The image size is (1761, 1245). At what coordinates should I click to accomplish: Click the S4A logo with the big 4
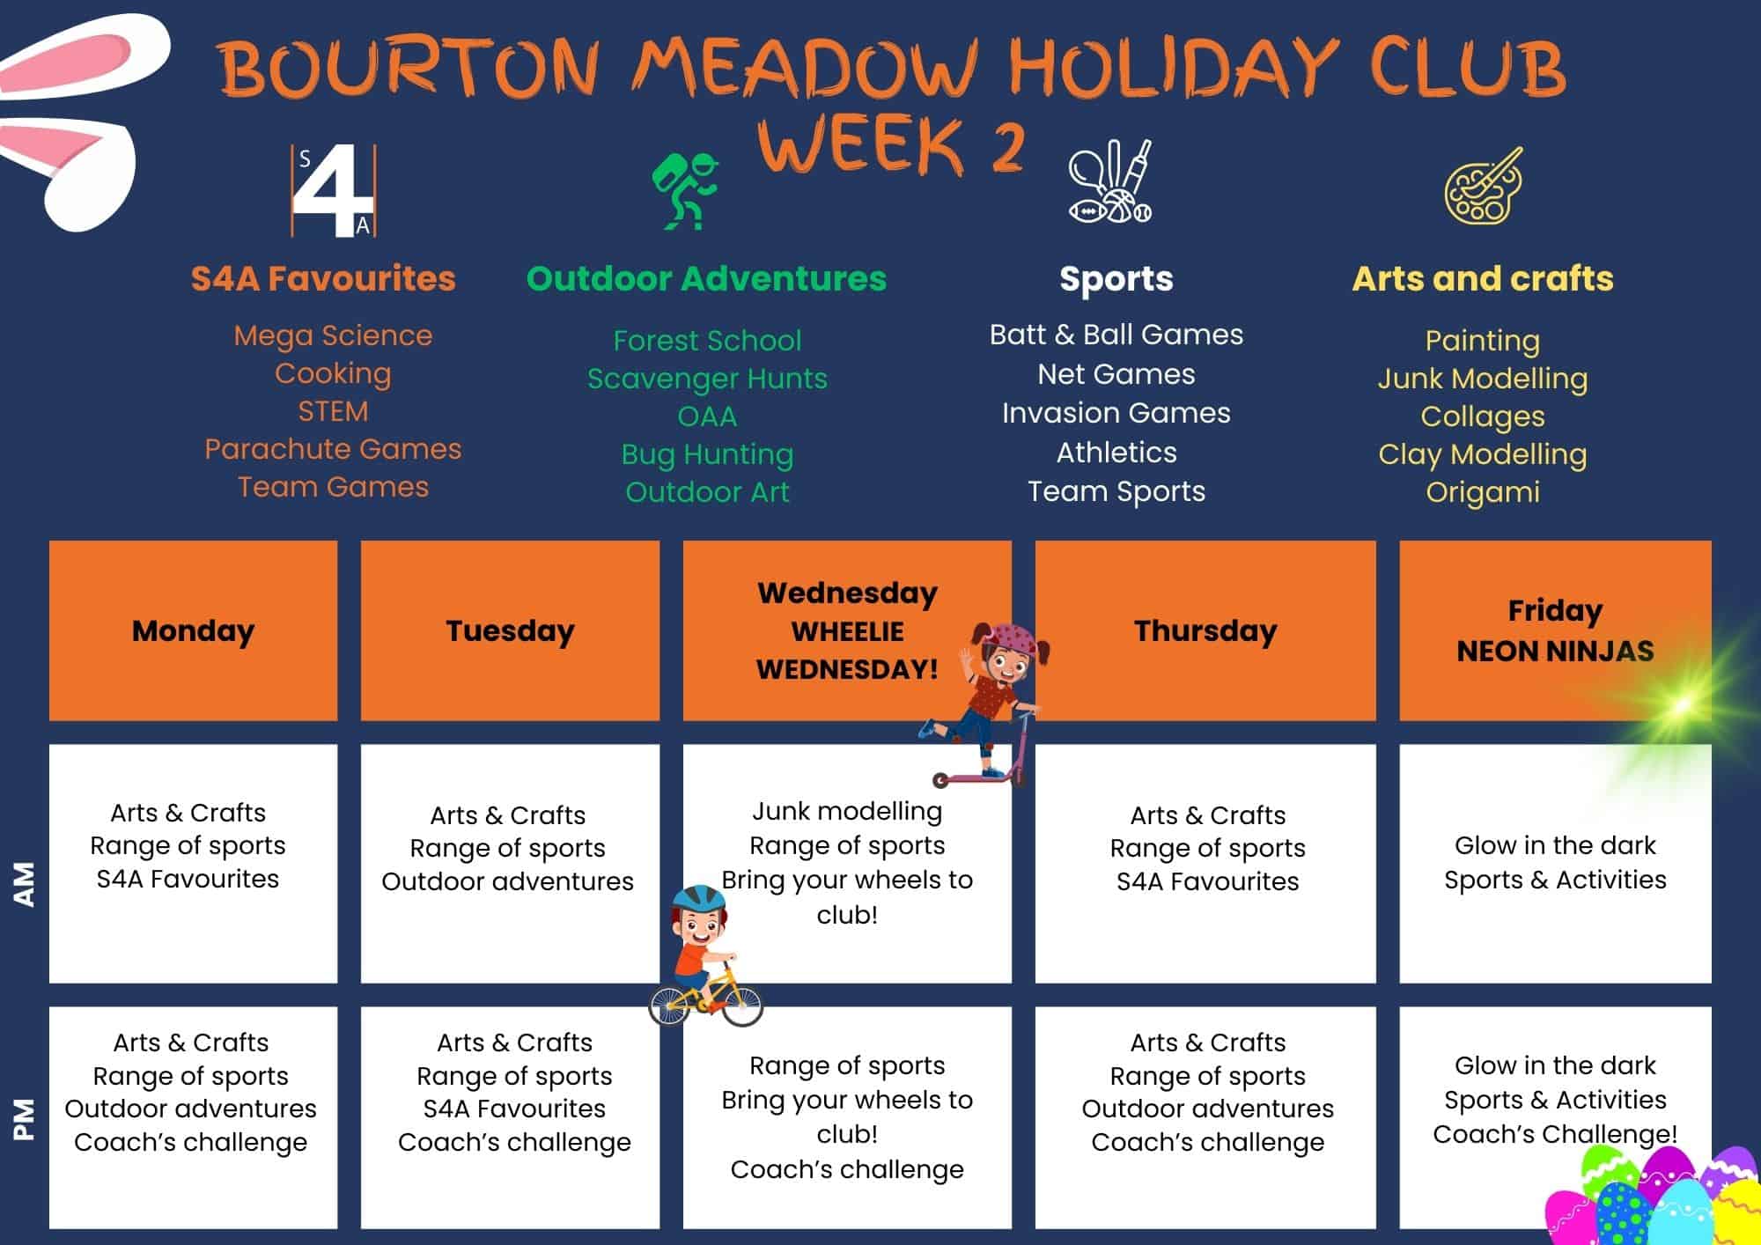(x=334, y=191)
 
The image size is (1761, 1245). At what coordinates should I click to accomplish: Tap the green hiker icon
(x=686, y=191)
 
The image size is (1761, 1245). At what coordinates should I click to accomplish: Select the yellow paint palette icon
(x=1483, y=186)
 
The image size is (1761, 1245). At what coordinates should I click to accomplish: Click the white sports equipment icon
(x=1111, y=182)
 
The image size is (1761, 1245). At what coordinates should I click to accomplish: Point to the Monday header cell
(x=193, y=630)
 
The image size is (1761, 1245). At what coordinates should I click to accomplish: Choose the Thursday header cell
(x=1205, y=630)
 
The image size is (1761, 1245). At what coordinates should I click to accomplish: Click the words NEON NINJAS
(x=1555, y=651)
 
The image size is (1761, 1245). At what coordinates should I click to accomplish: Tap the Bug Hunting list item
(x=707, y=454)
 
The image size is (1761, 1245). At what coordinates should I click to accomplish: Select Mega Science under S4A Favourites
(x=333, y=335)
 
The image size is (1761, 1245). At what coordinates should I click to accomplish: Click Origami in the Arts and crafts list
(x=1483, y=492)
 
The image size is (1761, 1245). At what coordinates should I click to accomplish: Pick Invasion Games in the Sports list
(x=1116, y=413)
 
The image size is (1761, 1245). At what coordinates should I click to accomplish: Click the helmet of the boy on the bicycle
(x=698, y=898)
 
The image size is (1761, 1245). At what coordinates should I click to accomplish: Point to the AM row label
(x=24, y=883)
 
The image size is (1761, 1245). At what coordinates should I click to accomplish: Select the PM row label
(x=24, y=1118)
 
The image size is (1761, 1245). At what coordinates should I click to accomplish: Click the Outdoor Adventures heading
(x=706, y=279)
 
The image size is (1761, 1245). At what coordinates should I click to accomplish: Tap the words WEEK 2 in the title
(x=891, y=145)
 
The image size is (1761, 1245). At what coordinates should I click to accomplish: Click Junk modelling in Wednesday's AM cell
(x=847, y=811)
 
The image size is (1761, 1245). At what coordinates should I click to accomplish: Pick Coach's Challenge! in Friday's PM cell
(x=1555, y=1134)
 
